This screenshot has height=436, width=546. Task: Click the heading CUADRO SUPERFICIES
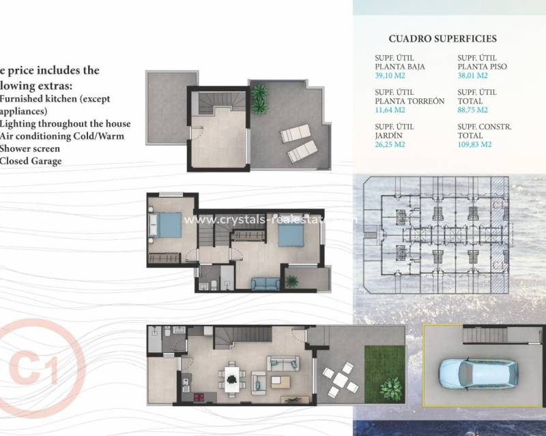[x=442, y=40]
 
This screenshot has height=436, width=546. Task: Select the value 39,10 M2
[x=390, y=75]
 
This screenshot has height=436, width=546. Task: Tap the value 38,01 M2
[x=473, y=75]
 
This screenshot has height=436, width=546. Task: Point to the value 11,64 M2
[x=390, y=110]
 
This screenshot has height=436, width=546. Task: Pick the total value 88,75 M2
[x=473, y=110]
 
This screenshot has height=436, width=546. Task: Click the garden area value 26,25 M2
[x=390, y=144]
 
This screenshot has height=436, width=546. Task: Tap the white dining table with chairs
[x=233, y=377]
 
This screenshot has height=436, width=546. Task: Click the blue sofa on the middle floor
[x=265, y=284]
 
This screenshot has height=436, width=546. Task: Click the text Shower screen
[x=30, y=149]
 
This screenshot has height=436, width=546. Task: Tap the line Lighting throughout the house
[x=65, y=123]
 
